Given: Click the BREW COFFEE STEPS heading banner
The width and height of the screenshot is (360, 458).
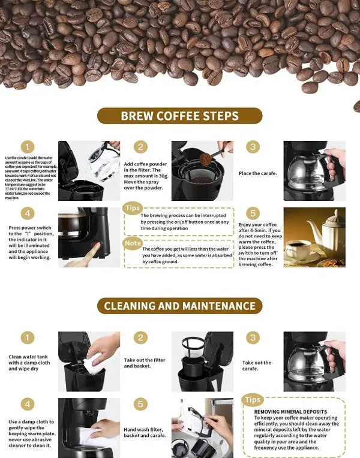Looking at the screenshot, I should [x=180, y=116].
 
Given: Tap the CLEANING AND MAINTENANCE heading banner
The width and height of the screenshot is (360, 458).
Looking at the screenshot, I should [x=180, y=306].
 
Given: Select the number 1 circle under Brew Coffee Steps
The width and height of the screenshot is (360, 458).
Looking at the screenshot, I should [x=28, y=147].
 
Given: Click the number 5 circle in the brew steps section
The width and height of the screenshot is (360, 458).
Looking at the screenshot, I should [x=253, y=213].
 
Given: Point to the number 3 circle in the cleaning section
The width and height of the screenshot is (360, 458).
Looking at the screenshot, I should [x=253, y=338].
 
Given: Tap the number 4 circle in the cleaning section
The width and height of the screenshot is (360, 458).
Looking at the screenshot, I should [x=28, y=404].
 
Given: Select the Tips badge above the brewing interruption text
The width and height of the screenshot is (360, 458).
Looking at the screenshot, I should [x=132, y=208].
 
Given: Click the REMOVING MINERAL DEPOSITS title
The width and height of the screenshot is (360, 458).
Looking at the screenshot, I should [x=283, y=412].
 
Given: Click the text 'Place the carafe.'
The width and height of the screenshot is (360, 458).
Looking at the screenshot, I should [x=257, y=173].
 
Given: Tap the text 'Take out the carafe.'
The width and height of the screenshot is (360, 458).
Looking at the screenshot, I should [x=257, y=366].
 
